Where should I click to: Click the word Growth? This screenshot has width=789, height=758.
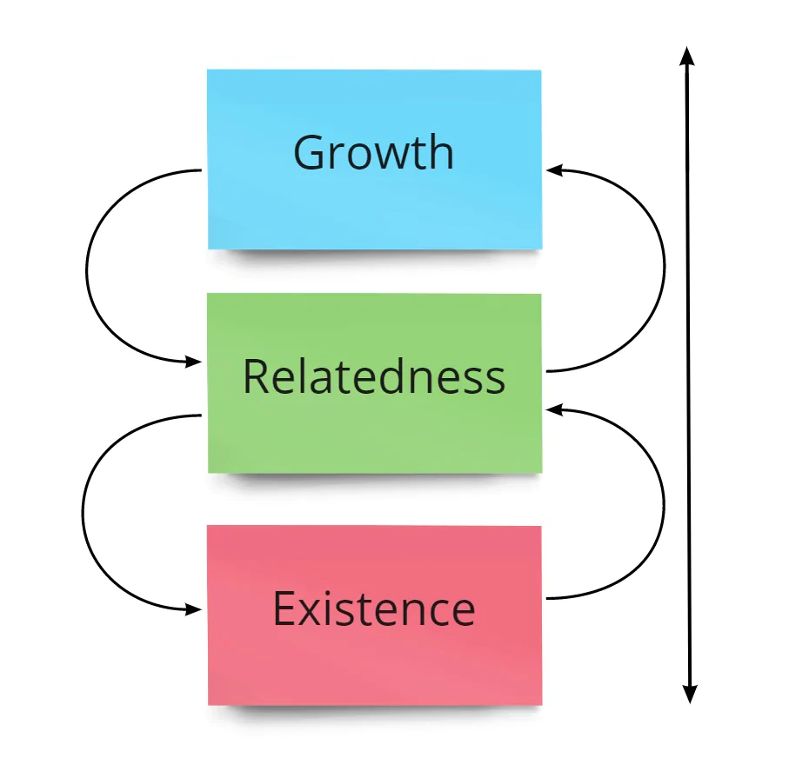373,152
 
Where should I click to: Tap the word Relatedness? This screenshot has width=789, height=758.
374,376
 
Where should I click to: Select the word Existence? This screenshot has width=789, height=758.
374,608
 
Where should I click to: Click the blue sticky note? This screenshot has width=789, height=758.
374,159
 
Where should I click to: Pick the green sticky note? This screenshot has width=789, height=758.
374,383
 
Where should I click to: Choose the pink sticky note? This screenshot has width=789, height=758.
374,615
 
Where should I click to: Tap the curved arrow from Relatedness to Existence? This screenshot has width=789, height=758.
83,513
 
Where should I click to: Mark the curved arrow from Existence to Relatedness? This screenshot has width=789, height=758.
664,504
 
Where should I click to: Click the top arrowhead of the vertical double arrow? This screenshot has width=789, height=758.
687,56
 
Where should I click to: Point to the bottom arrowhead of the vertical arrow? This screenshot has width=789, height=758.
690,695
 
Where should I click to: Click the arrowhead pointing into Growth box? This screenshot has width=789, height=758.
553,170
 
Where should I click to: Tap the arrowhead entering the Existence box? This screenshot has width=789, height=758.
194,609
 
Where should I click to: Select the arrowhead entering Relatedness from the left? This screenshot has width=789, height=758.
194,361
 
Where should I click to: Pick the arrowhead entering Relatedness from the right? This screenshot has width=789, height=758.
553,410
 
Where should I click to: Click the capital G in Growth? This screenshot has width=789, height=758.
308,152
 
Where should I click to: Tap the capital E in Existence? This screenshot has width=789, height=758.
284,608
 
